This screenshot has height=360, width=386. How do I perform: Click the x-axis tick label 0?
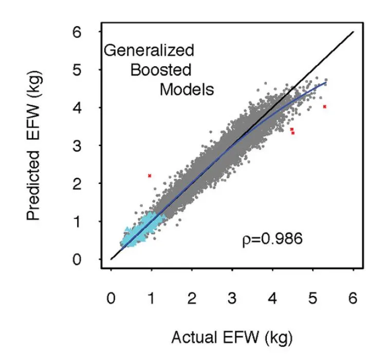click(111, 299)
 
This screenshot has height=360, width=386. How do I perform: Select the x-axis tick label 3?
click(232, 299)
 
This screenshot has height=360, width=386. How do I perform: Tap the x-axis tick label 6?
click(353, 299)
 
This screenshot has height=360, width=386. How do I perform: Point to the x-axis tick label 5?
click(313, 299)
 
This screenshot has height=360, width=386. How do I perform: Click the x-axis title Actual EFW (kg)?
click(231, 338)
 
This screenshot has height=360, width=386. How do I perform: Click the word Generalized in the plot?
click(149, 50)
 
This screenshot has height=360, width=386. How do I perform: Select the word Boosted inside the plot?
click(160, 70)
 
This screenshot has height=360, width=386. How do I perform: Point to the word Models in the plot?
click(186, 89)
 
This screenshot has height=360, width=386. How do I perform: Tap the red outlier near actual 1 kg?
click(150, 176)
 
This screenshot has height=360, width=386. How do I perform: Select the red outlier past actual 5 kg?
click(324, 107)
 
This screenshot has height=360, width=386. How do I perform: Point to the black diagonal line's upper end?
click(353, 32)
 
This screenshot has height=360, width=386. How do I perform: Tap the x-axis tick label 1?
click(152, 299)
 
